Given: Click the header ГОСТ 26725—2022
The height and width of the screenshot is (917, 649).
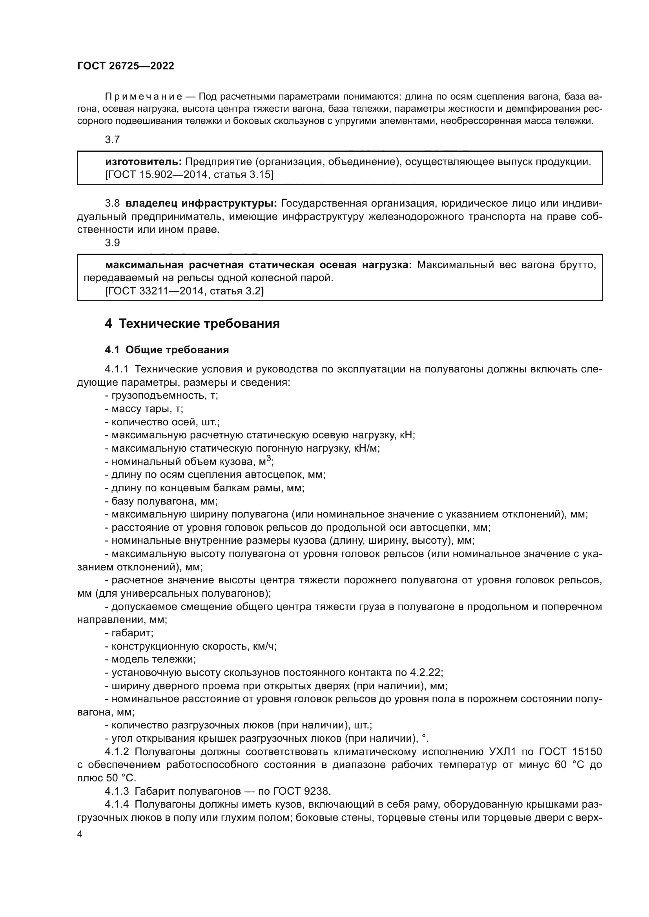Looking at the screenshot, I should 126,66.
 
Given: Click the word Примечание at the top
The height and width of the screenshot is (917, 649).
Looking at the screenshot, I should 144,97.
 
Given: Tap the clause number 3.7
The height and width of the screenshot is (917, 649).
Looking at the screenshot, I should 112,140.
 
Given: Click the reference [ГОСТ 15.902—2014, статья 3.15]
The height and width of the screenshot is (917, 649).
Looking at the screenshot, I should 190,174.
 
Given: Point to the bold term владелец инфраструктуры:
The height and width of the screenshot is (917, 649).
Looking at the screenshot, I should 201,203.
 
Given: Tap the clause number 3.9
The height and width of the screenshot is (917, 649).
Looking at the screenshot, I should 112,242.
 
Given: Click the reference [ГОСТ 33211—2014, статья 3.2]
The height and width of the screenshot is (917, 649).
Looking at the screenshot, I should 184,291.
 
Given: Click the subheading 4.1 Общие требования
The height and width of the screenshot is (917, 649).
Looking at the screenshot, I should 167,350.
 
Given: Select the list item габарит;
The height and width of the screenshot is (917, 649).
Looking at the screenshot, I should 129,633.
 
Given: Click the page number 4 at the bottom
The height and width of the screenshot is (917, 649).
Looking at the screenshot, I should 80,834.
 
